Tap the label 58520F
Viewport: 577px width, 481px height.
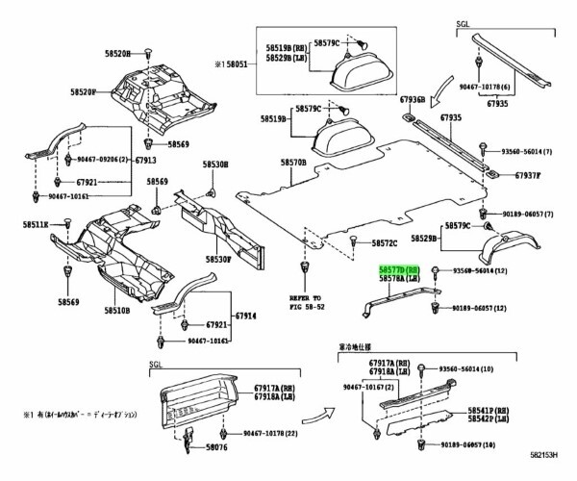79,92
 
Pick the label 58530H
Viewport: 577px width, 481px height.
215,165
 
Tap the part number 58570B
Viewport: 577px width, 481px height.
292,164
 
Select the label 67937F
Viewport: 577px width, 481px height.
527,176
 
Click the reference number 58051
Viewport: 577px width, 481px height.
237,63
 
